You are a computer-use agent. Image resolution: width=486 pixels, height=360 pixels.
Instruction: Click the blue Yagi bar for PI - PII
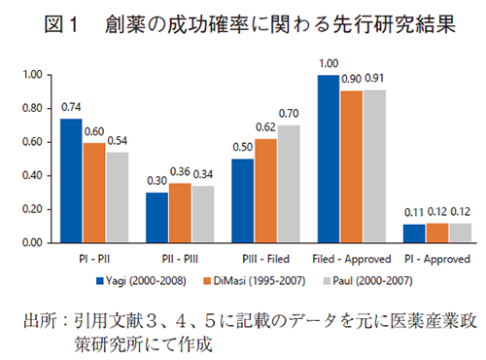(x=71, y=180)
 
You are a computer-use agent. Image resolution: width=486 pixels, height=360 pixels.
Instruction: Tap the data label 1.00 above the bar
(x=328, y=64)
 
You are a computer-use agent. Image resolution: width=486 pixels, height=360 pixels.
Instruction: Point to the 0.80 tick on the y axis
(x=31, y=108)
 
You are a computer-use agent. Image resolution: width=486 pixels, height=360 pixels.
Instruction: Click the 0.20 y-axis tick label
(x=31, y=208)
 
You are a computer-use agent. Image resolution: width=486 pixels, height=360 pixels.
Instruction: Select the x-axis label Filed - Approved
(x=352, y=260)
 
